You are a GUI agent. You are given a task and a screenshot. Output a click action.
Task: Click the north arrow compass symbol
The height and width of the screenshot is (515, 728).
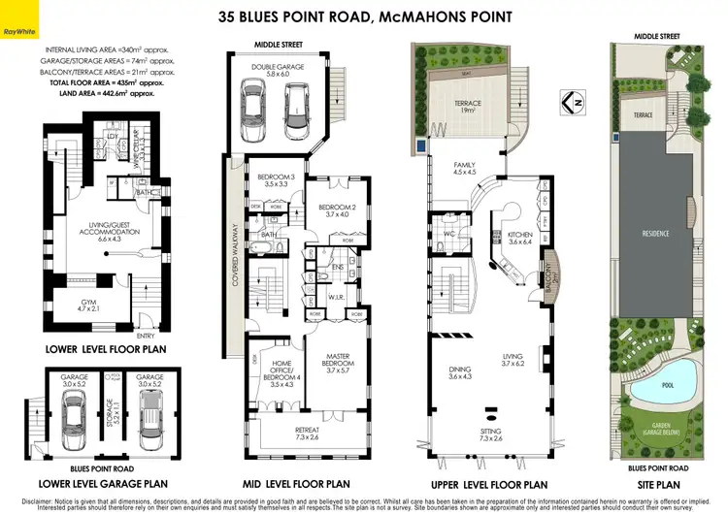(x=573, y=100)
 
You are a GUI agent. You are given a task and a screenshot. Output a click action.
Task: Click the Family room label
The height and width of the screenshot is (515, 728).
(x=463, y=169)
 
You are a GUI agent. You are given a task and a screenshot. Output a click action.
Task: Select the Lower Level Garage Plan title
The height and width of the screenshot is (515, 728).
(x=102, y=483)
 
